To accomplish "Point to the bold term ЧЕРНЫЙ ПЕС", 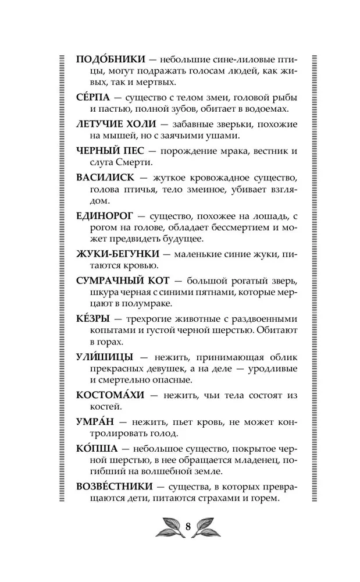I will click(x=106, y=151).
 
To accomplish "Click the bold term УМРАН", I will click(x=93, y=420).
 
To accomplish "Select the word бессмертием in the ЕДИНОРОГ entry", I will click(x=248, y=228).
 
